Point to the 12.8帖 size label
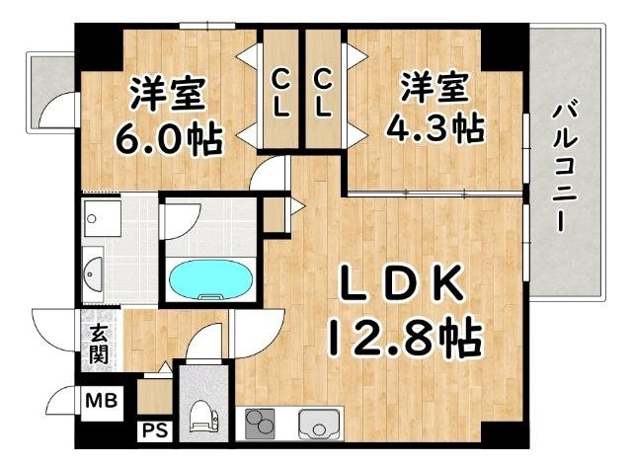(x=403, y=339)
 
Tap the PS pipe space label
(x=153, y=429)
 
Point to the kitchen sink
(x=318, y=424)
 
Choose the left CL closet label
(x=281, y=92)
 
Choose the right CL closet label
(x=323, y=92)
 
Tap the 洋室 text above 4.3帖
(x=435, y=87)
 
